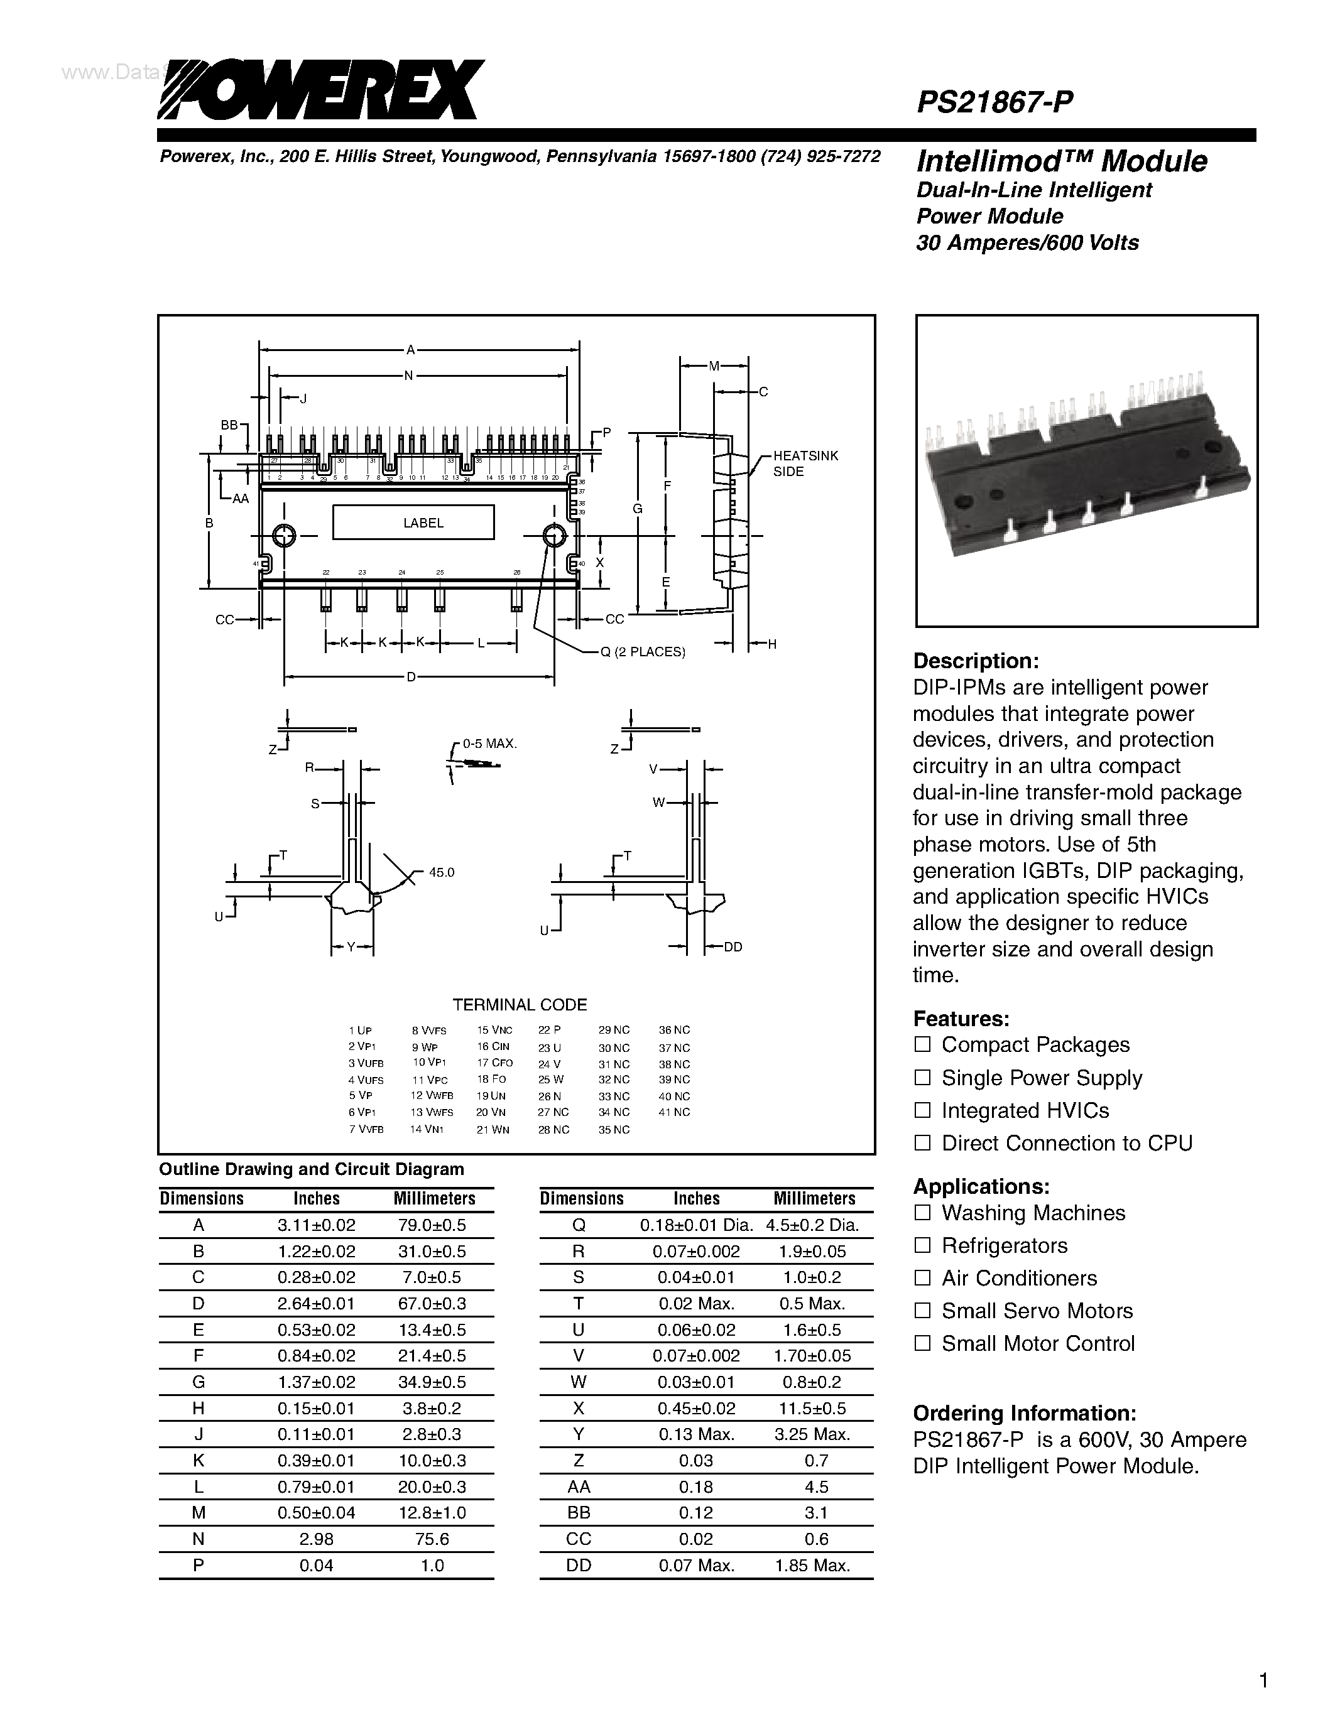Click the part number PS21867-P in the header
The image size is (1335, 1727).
tap(994, 102)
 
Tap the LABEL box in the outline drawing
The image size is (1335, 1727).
tap(413, 522)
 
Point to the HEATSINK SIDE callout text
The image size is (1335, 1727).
tap(804, 463)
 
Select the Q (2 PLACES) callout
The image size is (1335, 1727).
tap(642, 652)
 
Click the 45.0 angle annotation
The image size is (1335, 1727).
tap(441, 872)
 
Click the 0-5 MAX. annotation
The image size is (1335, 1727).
tap(489, 744)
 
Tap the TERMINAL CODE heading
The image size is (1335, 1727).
tap(520, 1004)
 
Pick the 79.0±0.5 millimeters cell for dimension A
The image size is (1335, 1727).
tap(433, 1225)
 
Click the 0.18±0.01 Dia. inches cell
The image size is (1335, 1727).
tap(696, 1225)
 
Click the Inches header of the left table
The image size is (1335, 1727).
tap(317, 1198)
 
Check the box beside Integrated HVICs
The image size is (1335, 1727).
tap(922, 1110)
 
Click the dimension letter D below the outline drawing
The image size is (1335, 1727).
tap(411, 677)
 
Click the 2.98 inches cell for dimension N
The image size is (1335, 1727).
tap(317, 1539)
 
